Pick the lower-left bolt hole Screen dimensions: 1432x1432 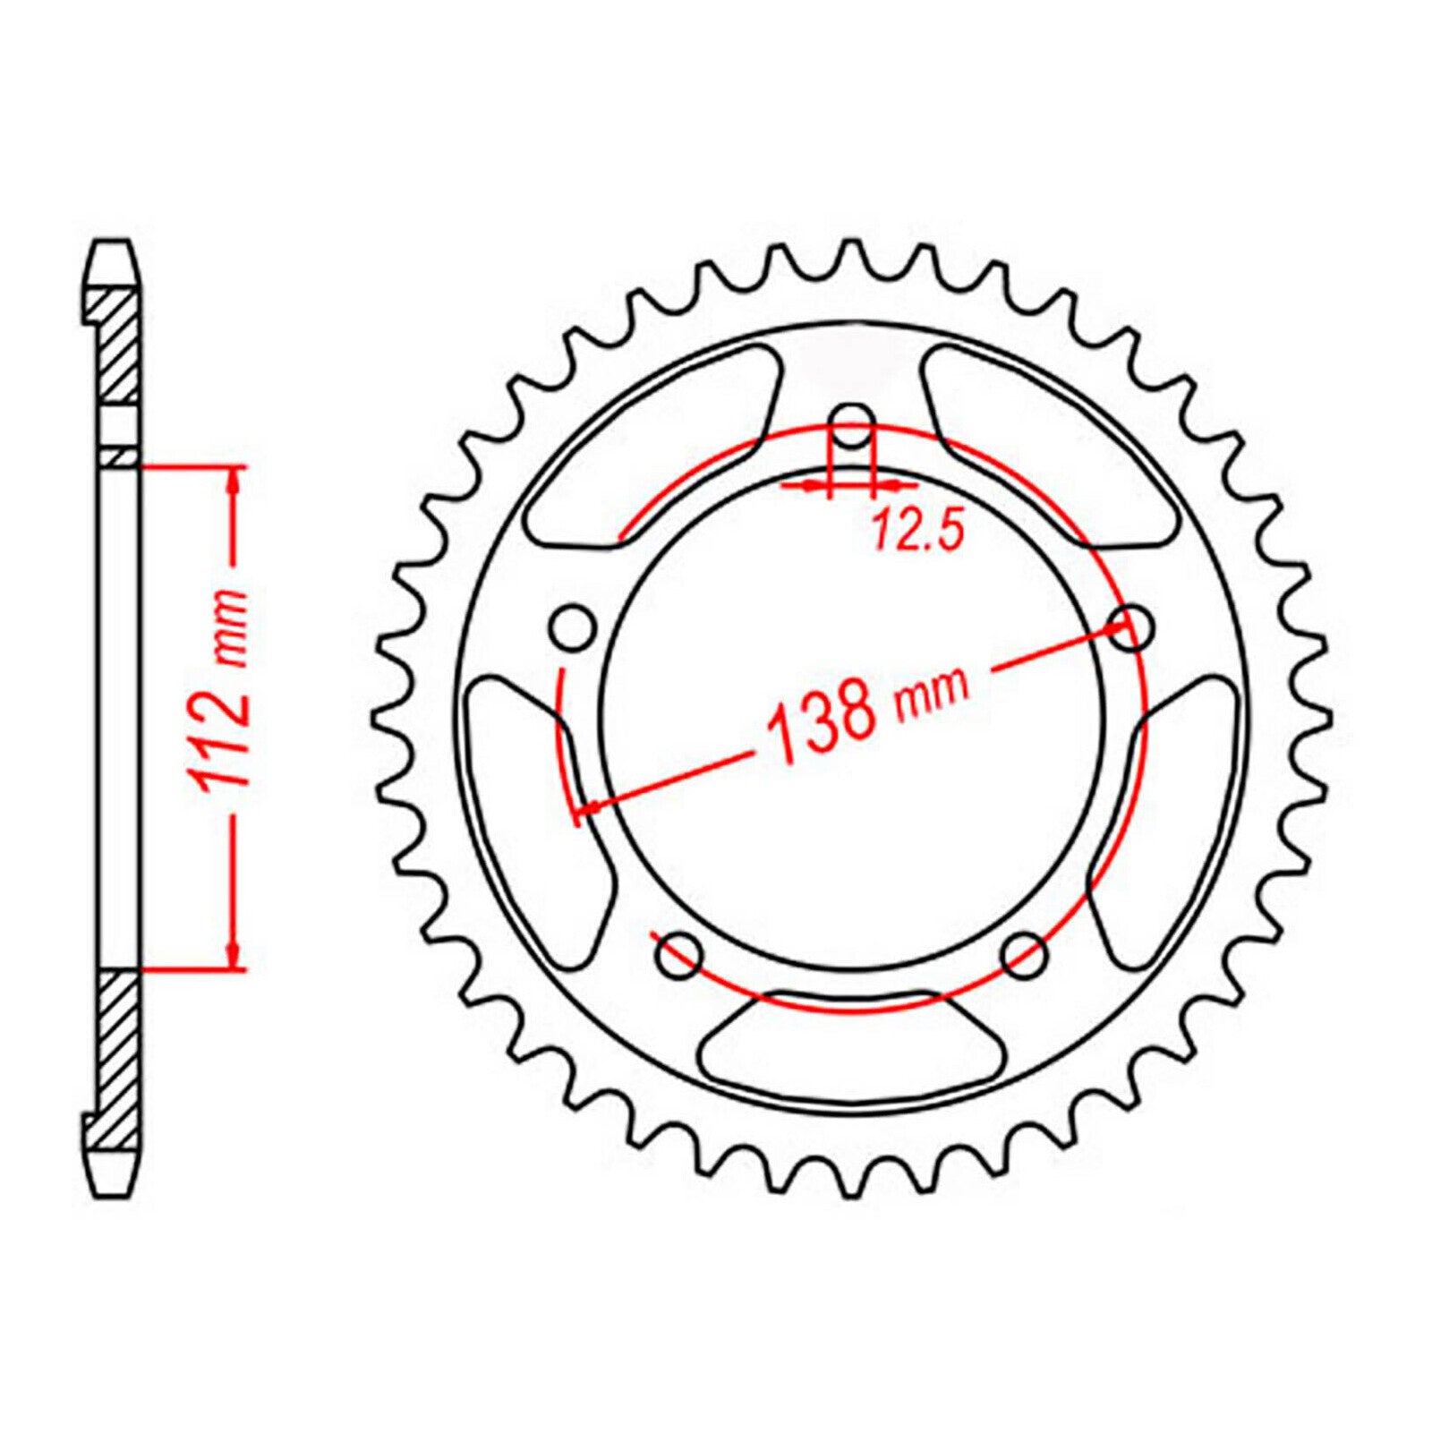678,957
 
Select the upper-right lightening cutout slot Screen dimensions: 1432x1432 1053,447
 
